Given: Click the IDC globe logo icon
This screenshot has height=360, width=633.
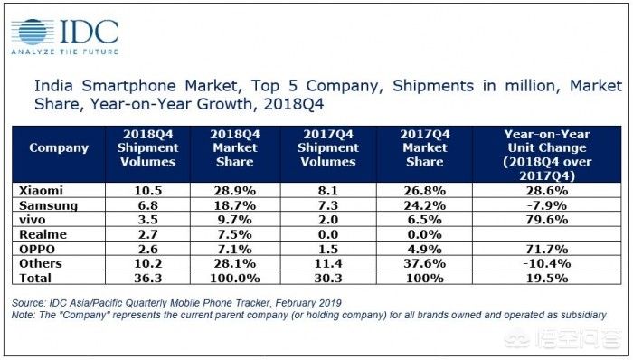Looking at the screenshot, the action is click(x=33, y=32).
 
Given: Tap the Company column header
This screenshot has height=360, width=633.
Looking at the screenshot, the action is click(x=59, y=147).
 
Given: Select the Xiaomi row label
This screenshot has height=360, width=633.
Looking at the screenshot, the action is click(x=41, y=191).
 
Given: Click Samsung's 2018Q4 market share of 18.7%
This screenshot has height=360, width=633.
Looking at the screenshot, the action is click(x=235, y=205).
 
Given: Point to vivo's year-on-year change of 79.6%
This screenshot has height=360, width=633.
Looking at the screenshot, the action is click(x=547, y=220).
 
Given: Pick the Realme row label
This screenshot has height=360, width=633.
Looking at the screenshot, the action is click(x=43, y=234).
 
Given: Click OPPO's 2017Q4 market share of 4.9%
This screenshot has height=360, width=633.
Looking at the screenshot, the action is click(x=425, y=249).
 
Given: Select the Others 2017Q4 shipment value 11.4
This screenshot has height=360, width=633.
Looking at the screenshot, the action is click(x=328, y=263).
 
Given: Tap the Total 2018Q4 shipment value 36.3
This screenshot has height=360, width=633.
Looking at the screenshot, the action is click(x=147, y=278).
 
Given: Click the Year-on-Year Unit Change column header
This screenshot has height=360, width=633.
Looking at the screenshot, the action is click(x=547, y=155).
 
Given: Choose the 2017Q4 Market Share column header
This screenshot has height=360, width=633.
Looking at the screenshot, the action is click(x=425, y=147).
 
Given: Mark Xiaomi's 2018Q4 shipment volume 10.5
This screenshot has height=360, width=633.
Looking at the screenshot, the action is click(x=147, y=191).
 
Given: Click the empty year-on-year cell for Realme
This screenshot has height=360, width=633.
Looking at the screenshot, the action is click(x=547, y=234).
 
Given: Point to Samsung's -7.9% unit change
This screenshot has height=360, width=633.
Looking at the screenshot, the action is click(x=547, y=205).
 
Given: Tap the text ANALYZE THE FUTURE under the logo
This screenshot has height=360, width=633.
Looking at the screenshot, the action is click(x=65, y=52).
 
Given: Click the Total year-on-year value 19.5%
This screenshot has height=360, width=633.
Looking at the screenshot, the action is click(x=547, y=278).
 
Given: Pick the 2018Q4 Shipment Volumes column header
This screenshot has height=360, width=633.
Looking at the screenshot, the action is click(x=147, y=147).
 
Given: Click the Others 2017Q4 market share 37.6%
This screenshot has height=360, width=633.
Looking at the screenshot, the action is click(x=425, y=263).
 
